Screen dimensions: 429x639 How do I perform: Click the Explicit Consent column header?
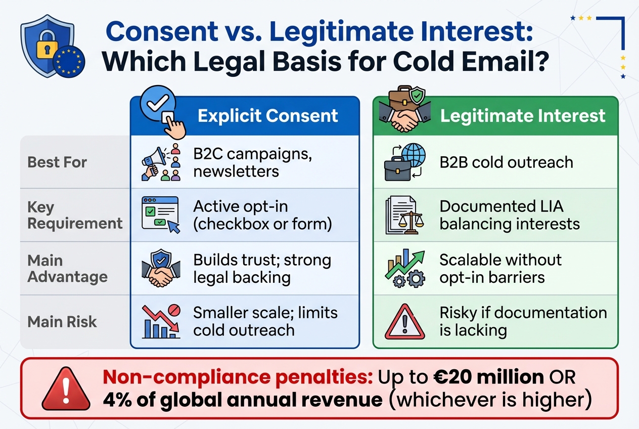[x=267, y=115]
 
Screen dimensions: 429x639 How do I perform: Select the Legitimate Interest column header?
[x=522, y=115]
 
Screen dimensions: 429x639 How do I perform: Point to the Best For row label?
[x=57, y=162]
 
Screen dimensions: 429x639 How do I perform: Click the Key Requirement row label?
[x=75, y=215]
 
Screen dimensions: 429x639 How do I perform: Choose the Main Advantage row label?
[x=67, y=269]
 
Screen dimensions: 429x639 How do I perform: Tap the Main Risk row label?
[x=62, y=322]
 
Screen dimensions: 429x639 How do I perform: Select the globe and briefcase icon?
[x=404, y=162]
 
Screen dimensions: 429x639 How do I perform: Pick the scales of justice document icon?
[x=401, y=215]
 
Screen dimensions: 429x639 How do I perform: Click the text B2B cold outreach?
[x=506, y=162]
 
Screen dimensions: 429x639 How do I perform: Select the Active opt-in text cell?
[x=262, y=215]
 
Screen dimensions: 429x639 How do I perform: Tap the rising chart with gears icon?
[x=404, y=269]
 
